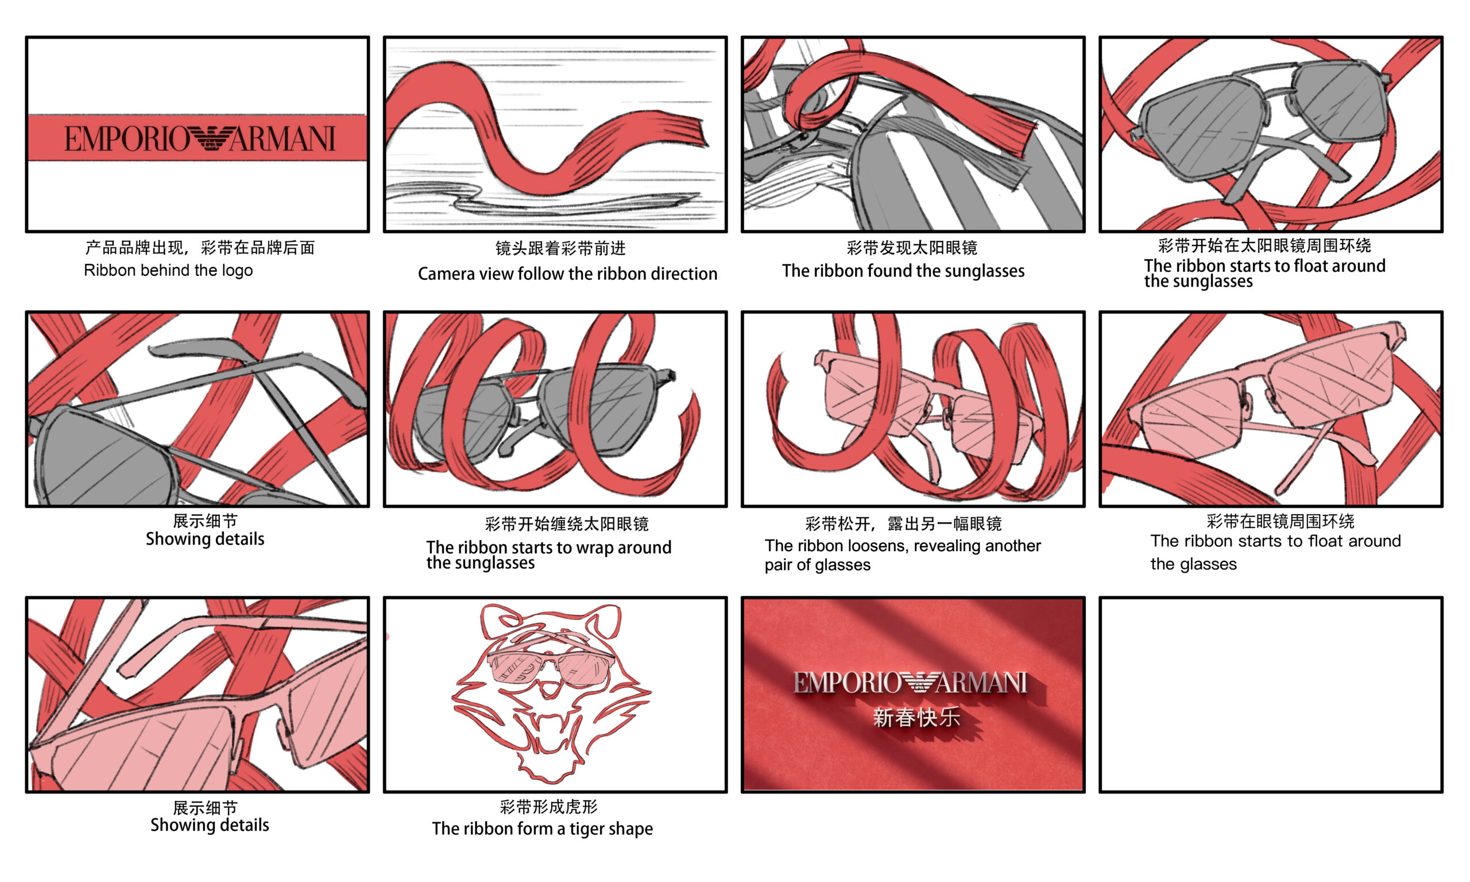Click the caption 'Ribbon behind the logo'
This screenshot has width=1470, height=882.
[168, 271]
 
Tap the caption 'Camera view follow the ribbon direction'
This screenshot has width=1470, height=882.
[567, 274]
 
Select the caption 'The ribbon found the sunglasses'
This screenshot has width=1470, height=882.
[903, 271]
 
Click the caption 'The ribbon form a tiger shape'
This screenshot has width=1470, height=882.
[542, 829]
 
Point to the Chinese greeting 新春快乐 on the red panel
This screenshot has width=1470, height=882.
[916, 717]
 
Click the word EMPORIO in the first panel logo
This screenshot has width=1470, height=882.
[126, 138]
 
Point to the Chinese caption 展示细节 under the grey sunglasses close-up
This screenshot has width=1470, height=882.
[205, 521]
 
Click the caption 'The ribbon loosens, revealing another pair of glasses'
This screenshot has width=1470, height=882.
[902, 555]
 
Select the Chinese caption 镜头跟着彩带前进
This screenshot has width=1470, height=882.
[560, 248]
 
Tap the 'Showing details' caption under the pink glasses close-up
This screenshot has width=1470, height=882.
[209, 825]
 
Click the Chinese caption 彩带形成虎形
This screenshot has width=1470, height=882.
[548, 807]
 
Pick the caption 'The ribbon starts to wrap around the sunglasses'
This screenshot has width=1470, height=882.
[548, 554]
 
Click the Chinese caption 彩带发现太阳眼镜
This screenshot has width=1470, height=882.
[911, 248]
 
